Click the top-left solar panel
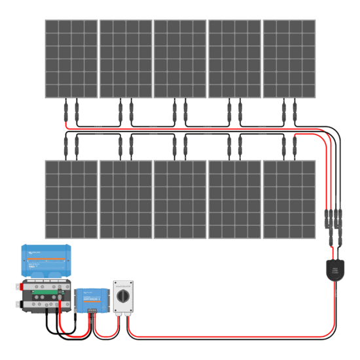(71, 58)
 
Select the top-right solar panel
(289, 58)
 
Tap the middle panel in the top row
(179, 58)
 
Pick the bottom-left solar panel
(71, 199)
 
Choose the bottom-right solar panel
(289, 199)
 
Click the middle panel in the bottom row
(179, 199)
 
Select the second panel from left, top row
(125, 58)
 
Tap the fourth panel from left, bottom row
(234, 199)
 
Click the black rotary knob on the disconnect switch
(123, 296)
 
